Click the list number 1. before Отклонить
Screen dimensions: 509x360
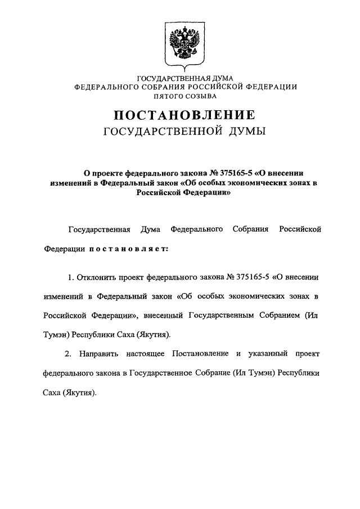click(71, 277)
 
